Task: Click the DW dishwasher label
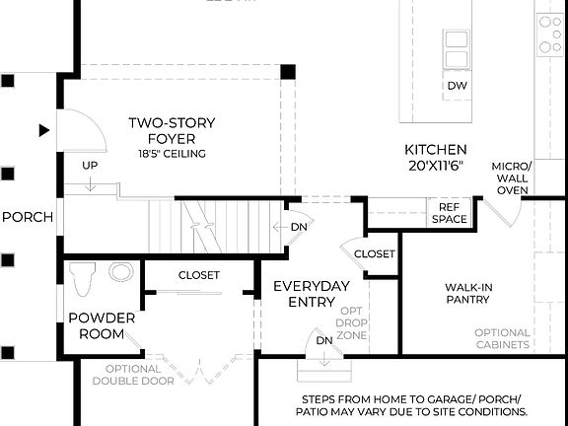coord(457,87)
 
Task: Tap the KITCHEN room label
coord(436,149)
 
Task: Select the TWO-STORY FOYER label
coord(172,131)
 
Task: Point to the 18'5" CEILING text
coord(172,154)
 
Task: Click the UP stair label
coord(90,165)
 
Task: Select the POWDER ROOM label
coord(96,326)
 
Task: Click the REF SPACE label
coord(449,212)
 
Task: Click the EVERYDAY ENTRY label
coord(312,294)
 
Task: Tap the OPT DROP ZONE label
coord(352,322)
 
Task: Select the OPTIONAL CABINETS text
coord(502,338)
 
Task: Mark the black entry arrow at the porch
coord(43,129)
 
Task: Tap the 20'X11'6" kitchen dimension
coord(436,167)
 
